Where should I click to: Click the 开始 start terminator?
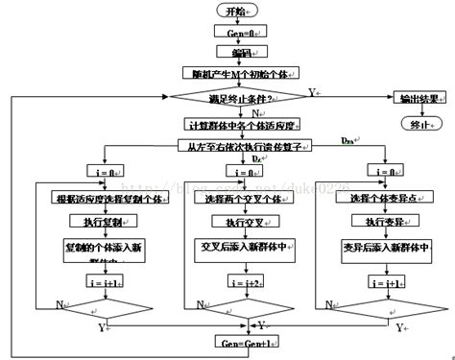[234, 11]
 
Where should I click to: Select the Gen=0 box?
[234, 32]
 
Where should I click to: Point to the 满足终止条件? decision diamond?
[234, 97]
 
